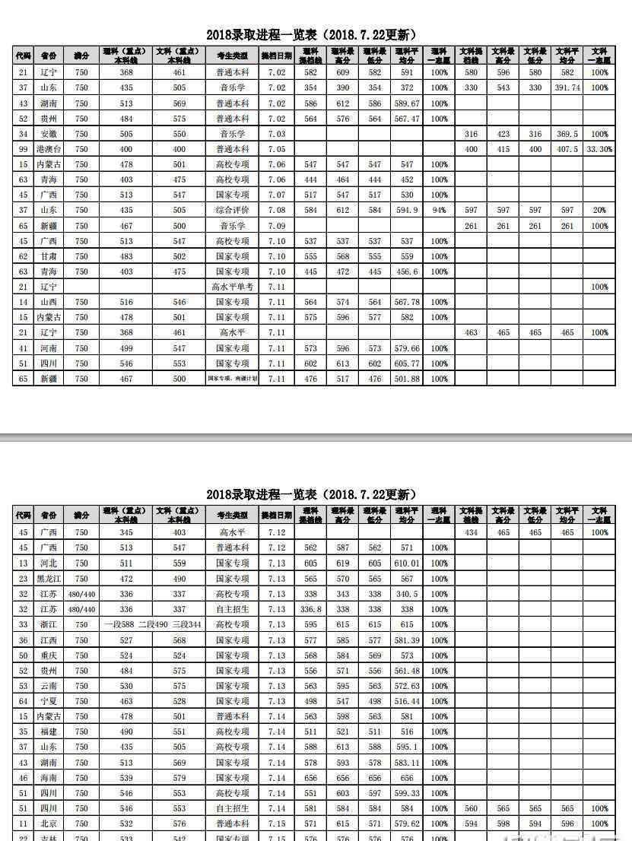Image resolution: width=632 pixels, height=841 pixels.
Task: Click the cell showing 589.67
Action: point(407,103)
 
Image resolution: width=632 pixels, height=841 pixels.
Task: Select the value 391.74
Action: point(567,88)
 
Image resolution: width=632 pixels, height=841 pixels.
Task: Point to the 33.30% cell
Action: point(599,149)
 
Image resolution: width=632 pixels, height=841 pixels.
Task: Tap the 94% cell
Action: point(439,210)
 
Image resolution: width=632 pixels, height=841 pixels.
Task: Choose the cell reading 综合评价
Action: point(232,210)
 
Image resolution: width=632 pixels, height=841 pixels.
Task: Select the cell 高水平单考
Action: point(232,287)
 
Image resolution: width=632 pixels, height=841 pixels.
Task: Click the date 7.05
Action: point(276,149)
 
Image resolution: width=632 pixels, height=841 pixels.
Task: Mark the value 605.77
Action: point(407,363)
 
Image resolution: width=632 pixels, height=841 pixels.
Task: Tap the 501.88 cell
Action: point(407,379)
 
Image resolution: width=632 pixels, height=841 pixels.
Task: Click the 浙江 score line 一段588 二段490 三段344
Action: point(152,624)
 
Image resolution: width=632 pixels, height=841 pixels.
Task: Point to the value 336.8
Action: point(310,609)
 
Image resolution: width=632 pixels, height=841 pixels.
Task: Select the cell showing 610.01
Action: point(407,563)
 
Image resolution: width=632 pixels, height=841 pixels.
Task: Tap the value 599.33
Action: point(407,793)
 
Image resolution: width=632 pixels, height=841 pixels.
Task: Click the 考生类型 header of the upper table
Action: point(232,56)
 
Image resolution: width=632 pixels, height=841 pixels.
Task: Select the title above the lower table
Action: point(311,495)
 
